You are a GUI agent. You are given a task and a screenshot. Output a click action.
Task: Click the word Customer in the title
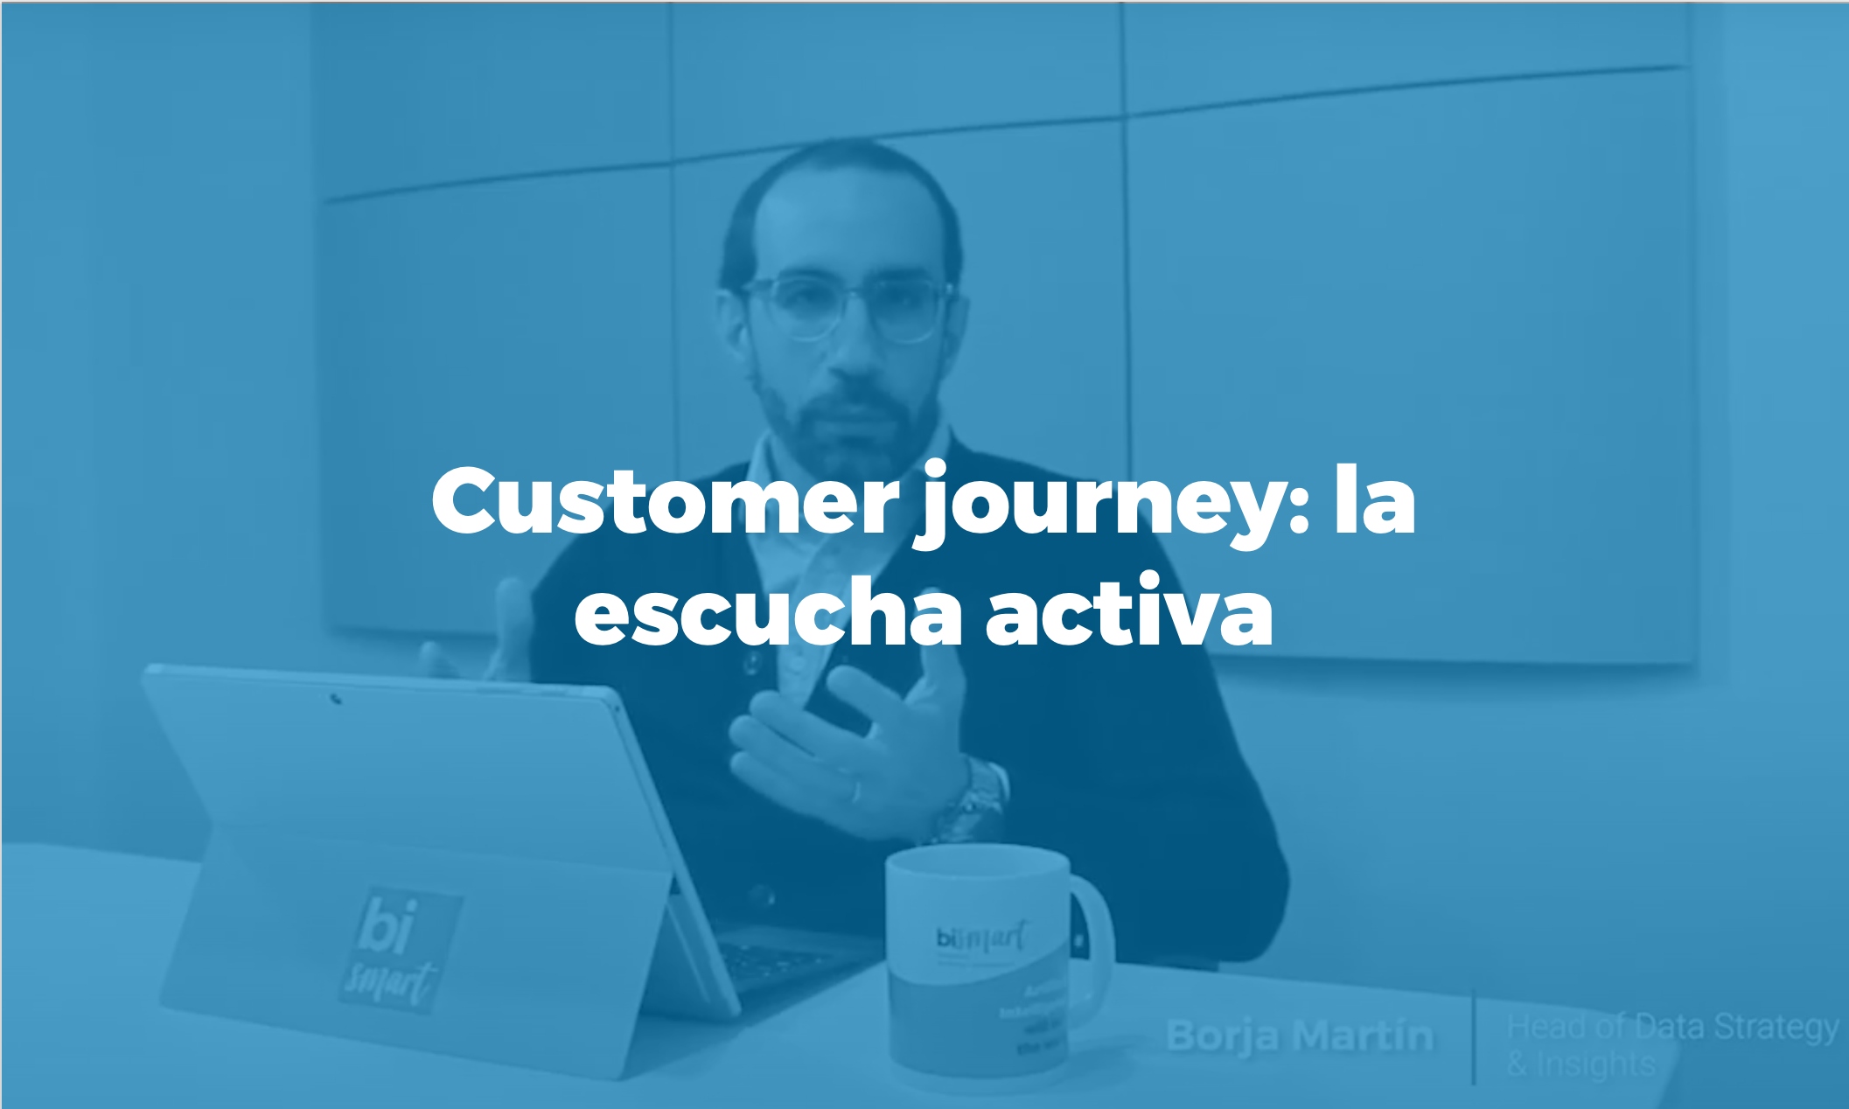665,500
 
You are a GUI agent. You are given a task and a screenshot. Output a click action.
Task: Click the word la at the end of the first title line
1374,500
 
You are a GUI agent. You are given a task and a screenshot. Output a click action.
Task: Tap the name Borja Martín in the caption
1300,1036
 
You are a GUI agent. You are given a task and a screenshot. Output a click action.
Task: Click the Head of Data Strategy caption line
1672,1028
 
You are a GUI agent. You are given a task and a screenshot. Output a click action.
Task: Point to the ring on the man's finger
855,792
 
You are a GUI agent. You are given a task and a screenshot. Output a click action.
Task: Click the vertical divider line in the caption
1474,1036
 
